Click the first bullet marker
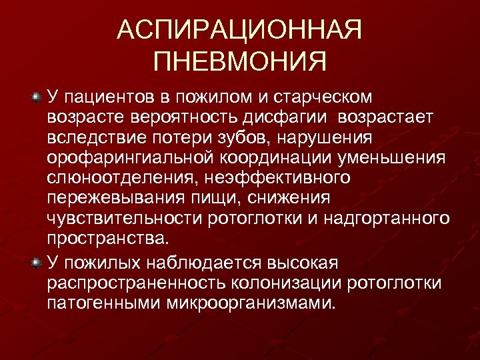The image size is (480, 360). click(x=37, y=99)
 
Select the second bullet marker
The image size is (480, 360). click(x=37, y=258)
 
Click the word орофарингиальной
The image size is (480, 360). click(x=128, y=158)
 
